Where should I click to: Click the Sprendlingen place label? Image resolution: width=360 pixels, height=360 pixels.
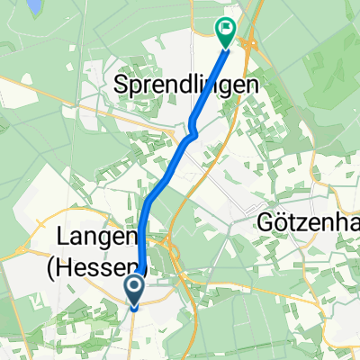pos(187,86)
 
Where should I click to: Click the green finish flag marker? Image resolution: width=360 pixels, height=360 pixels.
pos(225,33)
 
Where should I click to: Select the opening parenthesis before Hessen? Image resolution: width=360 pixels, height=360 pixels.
pos(61,267)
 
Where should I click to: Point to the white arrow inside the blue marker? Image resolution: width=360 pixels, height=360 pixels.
pos(134,288)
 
